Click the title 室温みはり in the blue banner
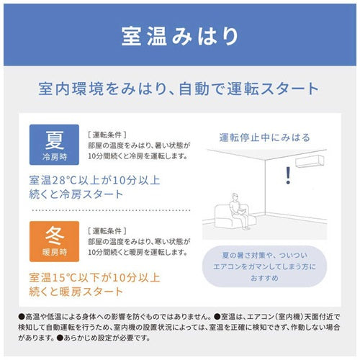coord(179,35)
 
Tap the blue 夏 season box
coord(53,145)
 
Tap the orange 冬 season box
coord(53,241)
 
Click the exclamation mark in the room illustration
coord(289,174)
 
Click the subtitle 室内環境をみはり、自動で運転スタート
coord(179,89)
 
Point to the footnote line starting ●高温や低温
coord(180,315)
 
